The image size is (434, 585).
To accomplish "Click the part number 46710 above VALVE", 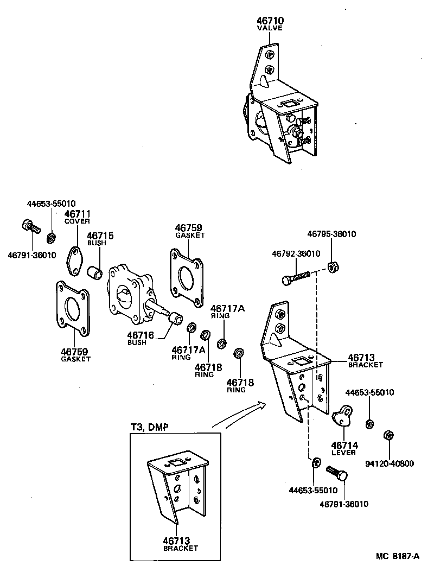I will pos(270,21).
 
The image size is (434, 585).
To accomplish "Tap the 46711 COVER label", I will pos(77,217).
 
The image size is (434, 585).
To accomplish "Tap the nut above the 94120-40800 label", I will pos(388,435).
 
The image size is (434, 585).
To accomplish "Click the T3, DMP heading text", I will pos(149,427).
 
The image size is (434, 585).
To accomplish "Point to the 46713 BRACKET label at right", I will pos(365,360).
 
